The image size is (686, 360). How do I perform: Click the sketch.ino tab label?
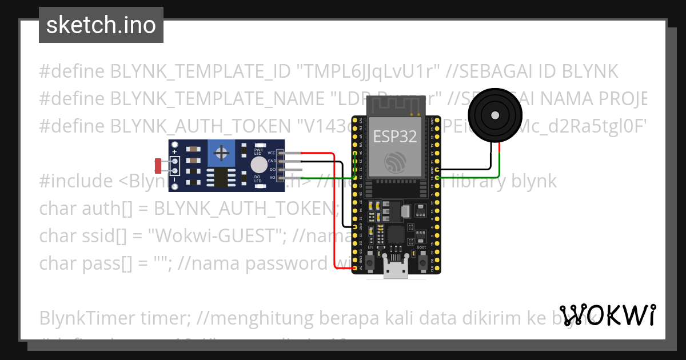(x=101, y=25)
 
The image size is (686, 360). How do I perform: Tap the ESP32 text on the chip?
(x=395, y=136)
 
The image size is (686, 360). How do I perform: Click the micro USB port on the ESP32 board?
(x=396, y=270)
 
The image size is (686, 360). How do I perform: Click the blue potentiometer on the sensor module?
(x=221, y=153)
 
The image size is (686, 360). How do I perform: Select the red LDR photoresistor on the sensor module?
(x=158, y=166)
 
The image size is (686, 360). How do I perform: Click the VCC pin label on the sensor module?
(x=272, y=153)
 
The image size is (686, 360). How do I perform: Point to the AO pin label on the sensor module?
(x=272, y=178)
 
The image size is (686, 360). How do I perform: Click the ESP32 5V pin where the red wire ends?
(x=355, y=268)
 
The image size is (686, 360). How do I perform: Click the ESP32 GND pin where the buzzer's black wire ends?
(x=437, y=170)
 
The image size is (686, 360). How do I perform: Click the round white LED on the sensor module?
(x=259, y=165)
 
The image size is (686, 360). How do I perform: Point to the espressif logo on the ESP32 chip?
(x=395, y=162)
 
